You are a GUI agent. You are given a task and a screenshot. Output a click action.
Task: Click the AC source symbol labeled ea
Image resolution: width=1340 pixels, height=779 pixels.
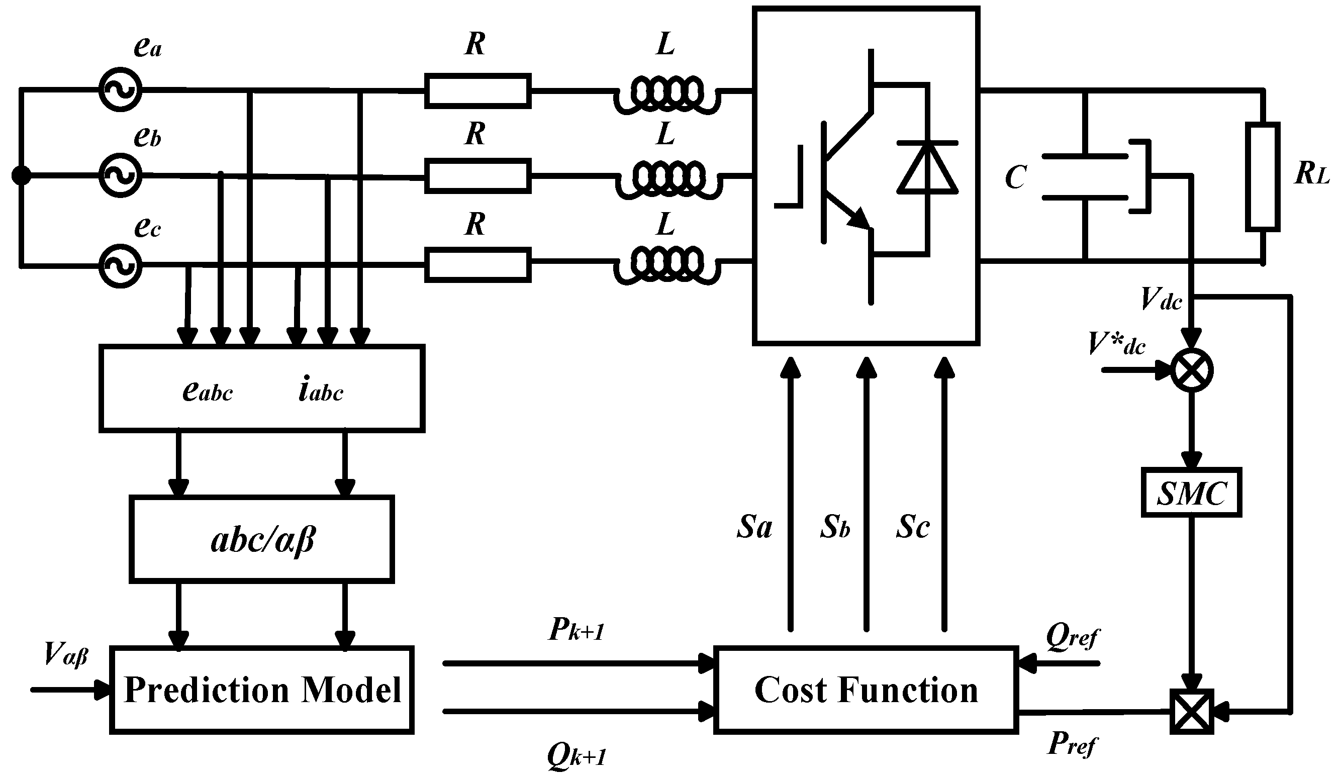pyautogui.click(x=120, y=89)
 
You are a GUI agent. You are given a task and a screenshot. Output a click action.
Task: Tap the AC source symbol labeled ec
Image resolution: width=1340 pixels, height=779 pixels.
pyautogui.click(x=120, y=266)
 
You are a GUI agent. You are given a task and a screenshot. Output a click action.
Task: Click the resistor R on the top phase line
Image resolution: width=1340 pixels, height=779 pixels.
pyautogui.click(x=477, y=91)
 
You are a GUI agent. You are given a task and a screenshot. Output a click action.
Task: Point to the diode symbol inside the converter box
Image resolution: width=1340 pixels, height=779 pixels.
pyautogui.click(x=927, y=167)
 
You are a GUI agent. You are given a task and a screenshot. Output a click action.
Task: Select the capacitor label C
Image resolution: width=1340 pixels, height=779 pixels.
pyautogui.click(x=1015, y=177)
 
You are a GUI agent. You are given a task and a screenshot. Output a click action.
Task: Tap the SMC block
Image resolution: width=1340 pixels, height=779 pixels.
pyautogui.click(x=1191, y=493)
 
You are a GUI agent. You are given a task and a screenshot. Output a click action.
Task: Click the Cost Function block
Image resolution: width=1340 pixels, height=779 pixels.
pyautogui.click(x=866, y=690)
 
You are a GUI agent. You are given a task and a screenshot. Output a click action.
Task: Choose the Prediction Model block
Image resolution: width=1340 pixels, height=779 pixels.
pyautogui.click(x=262, y=690)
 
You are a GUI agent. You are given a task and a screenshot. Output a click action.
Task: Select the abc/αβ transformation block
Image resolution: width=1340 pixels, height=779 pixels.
pyautogui.click(x=262, y=540)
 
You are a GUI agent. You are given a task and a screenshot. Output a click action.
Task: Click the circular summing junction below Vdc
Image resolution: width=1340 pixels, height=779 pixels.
pyautogui.click(x=1192, y=370)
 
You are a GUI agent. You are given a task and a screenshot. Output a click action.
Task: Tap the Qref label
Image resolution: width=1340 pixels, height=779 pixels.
pyautogui.click(x=1072, y=636)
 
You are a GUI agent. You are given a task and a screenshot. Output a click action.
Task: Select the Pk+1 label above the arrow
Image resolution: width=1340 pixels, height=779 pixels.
pyautogui.click(x=577, y=631)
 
